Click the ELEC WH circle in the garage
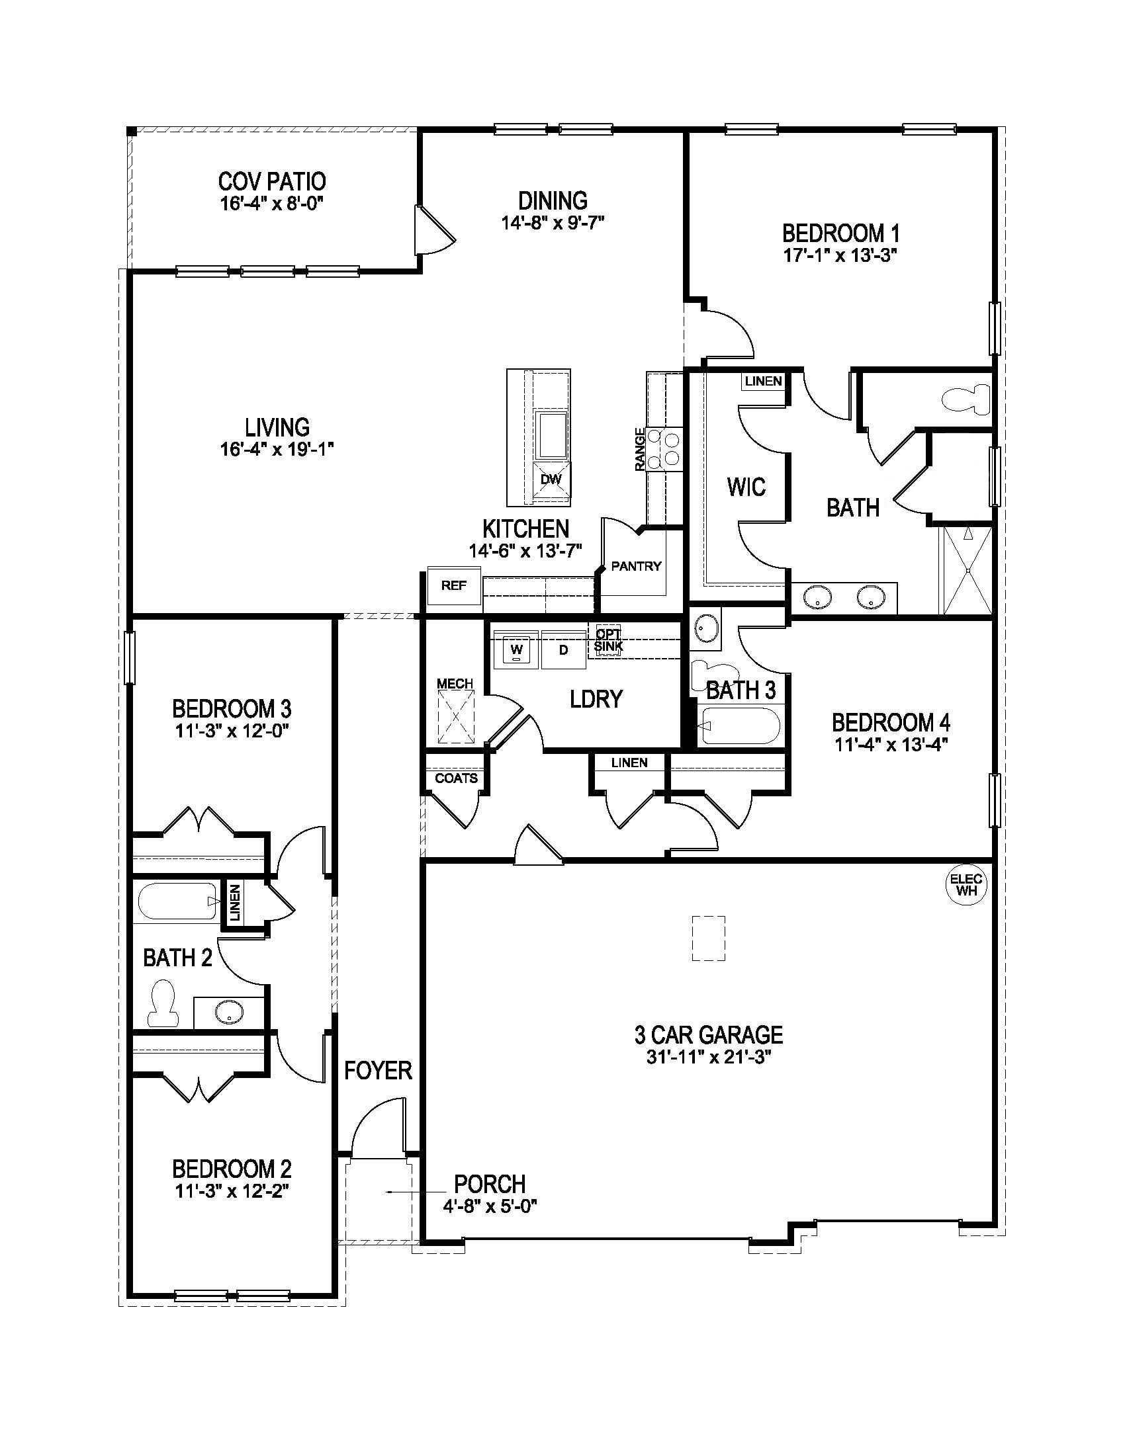click(x=965, y=886)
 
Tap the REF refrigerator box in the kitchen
click(x=454, y=585)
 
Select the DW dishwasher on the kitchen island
click(x=551, y=479)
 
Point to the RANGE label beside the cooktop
click(x=640, y=450)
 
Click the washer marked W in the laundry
click(x=517, y=649)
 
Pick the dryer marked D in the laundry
click(x=563, y=649)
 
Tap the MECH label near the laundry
click(x=455, y=684)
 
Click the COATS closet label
click(x=456, y=778)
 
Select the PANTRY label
click(x=636, y=566)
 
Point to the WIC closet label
click(x=746, y=487)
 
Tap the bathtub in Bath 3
click(x=740, y=726)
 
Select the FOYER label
click(x=378, y=1071)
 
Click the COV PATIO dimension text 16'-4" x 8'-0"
click(x=271, y=203)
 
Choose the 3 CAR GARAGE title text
click(x=709, y=1034)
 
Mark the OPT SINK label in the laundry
click(x=608, y=640)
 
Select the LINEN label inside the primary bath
click(x=763, y=382)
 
